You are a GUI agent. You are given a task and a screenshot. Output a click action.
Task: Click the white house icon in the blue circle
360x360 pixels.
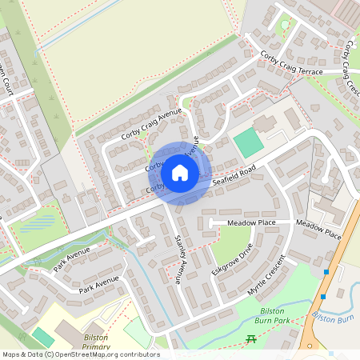pos(180,172)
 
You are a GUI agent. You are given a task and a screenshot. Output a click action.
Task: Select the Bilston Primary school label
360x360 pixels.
pos(96,342)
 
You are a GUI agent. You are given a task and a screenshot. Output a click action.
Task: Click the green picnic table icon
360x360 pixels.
pos(251,340)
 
